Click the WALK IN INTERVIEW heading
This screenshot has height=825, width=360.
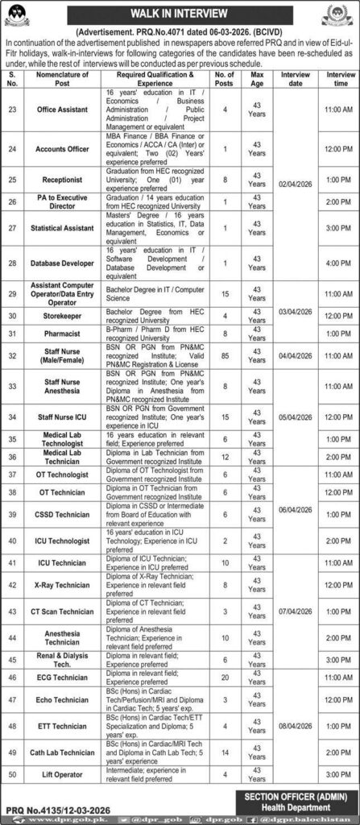(180, 13)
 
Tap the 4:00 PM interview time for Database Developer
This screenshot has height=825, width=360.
(337, 263)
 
